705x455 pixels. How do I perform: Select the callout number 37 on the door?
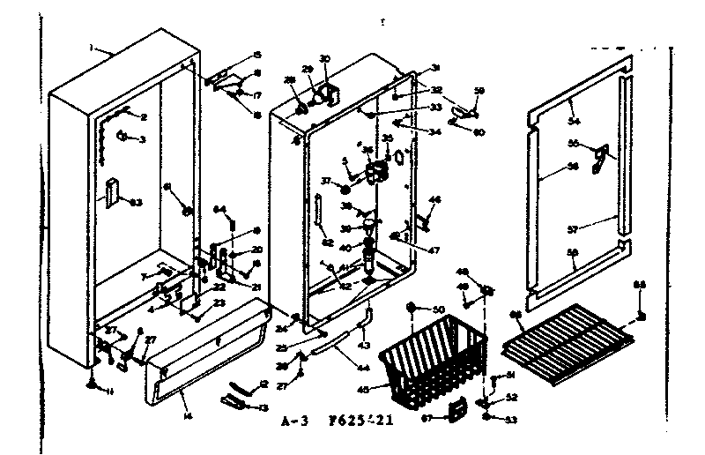325,181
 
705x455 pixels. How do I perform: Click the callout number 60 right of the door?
479,132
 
